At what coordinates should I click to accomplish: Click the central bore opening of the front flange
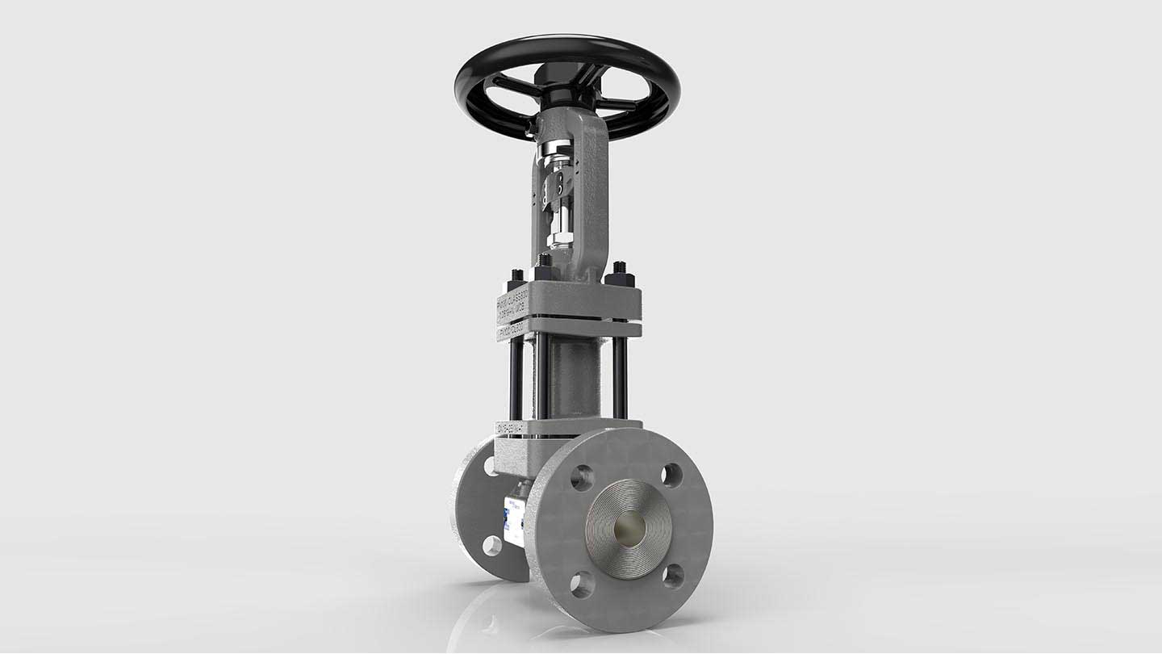click(629, 530)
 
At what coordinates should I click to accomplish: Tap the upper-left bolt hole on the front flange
click(581, 478)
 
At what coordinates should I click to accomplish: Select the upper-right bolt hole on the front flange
click(671, 476)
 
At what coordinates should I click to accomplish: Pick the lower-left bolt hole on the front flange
click(582, 584)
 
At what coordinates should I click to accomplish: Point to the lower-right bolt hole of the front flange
click(673, 576)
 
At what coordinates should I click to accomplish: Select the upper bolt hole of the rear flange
click(490, 466)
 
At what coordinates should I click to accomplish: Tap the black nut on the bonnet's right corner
click(620, 277)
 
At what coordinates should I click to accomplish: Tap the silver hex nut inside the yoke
click(559, 239)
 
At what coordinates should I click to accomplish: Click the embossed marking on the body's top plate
click(511, 428)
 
